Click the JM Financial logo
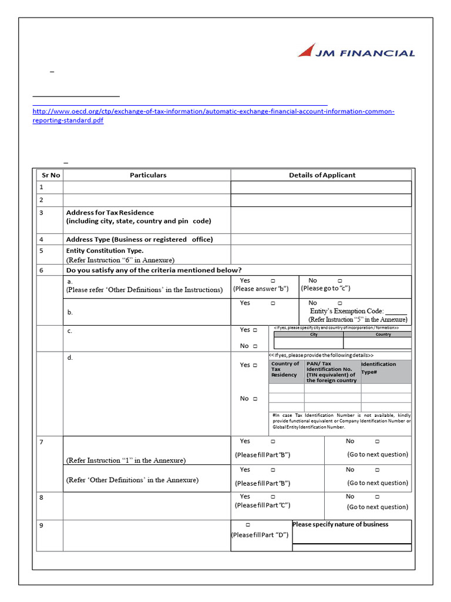click(x=356, y=52)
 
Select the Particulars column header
click(x=148, y=175)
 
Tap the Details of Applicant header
click(x=322, y=175)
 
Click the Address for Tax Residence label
click(x=110, y=212)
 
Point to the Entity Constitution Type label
click(x=105, y=250)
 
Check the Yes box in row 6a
click(x=273, y=281)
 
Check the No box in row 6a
click(x=340, y=281)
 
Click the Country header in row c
click(x=383, y=334)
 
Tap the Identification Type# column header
click(x=379, y=368)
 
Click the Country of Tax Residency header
click(x=285, y=369)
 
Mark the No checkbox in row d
click(x=255, y=399)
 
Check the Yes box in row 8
click(x=273, y=497)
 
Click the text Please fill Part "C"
click(x=262, y=505)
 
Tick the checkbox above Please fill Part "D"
click(x=248, y=524)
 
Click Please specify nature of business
click(x=341, y=524)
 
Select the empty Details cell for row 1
click(x=321, y=187)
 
